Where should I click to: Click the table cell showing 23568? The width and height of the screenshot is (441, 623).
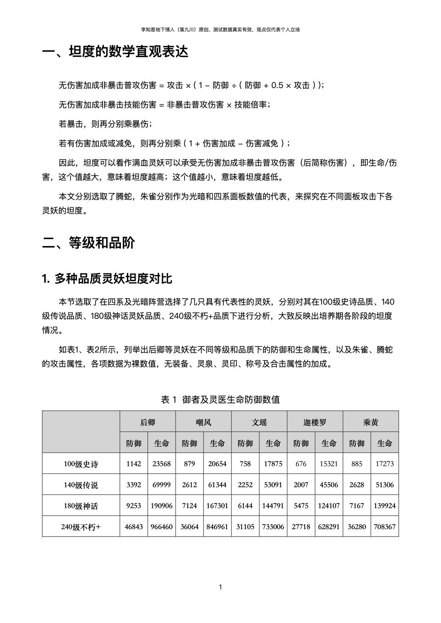click(162, 463)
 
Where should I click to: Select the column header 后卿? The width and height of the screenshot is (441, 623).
click(147, 422)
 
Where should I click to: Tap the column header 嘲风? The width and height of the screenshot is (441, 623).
click(203, 422)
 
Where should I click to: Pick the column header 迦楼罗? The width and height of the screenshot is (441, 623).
click(315, 422)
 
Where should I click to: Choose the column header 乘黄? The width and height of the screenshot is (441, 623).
click(371, 422)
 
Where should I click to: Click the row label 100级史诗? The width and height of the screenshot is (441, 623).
click(81, 464)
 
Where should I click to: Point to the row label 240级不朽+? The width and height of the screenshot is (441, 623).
click(81, 527)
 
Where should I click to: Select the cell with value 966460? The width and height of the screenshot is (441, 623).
click(162, 527)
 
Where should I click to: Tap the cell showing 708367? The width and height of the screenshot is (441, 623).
click(385, 527)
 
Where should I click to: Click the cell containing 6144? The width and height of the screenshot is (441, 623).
click(245, 505)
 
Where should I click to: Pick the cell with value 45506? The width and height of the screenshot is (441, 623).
click(329, 485)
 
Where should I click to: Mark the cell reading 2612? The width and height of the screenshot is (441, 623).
click(189, 485)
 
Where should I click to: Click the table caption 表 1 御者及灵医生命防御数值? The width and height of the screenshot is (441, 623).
click(220, 399)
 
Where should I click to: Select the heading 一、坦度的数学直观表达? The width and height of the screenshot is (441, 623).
click(115, 52)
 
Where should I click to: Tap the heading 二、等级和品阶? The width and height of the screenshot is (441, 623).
click(89, 243)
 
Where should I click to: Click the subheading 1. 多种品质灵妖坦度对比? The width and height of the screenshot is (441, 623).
click(107, 279)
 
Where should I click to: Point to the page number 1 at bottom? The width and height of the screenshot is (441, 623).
click(220, 587)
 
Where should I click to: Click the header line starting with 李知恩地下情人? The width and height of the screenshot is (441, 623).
click(220, 29)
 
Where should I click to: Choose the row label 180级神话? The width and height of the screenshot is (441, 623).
click(81, 506)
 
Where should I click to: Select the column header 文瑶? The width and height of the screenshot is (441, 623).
click(259, 422)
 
